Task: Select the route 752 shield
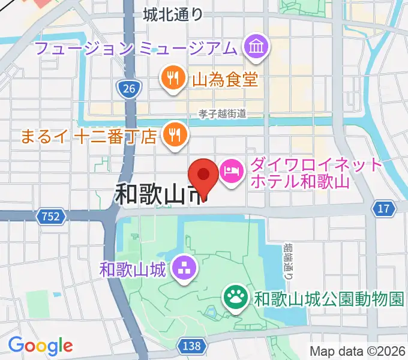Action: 50,216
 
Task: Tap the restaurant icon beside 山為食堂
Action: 172,79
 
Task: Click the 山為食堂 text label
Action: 224,79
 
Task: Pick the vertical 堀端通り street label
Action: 288,263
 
